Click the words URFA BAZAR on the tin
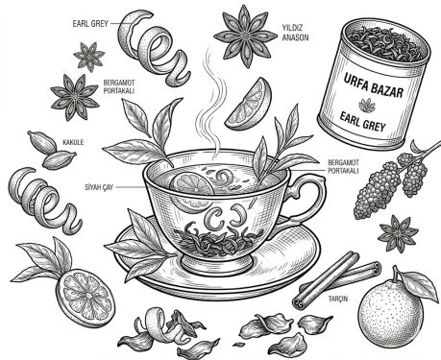373,84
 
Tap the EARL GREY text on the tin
362,122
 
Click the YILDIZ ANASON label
295,33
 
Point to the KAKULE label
73,142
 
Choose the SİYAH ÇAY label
99,187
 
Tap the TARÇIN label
338,299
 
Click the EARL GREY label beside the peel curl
90,23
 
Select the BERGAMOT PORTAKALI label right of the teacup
343,167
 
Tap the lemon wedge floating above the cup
251,105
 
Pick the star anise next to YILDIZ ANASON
245,36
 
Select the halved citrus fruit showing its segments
86,295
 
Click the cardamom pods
52,150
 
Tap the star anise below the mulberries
398,233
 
